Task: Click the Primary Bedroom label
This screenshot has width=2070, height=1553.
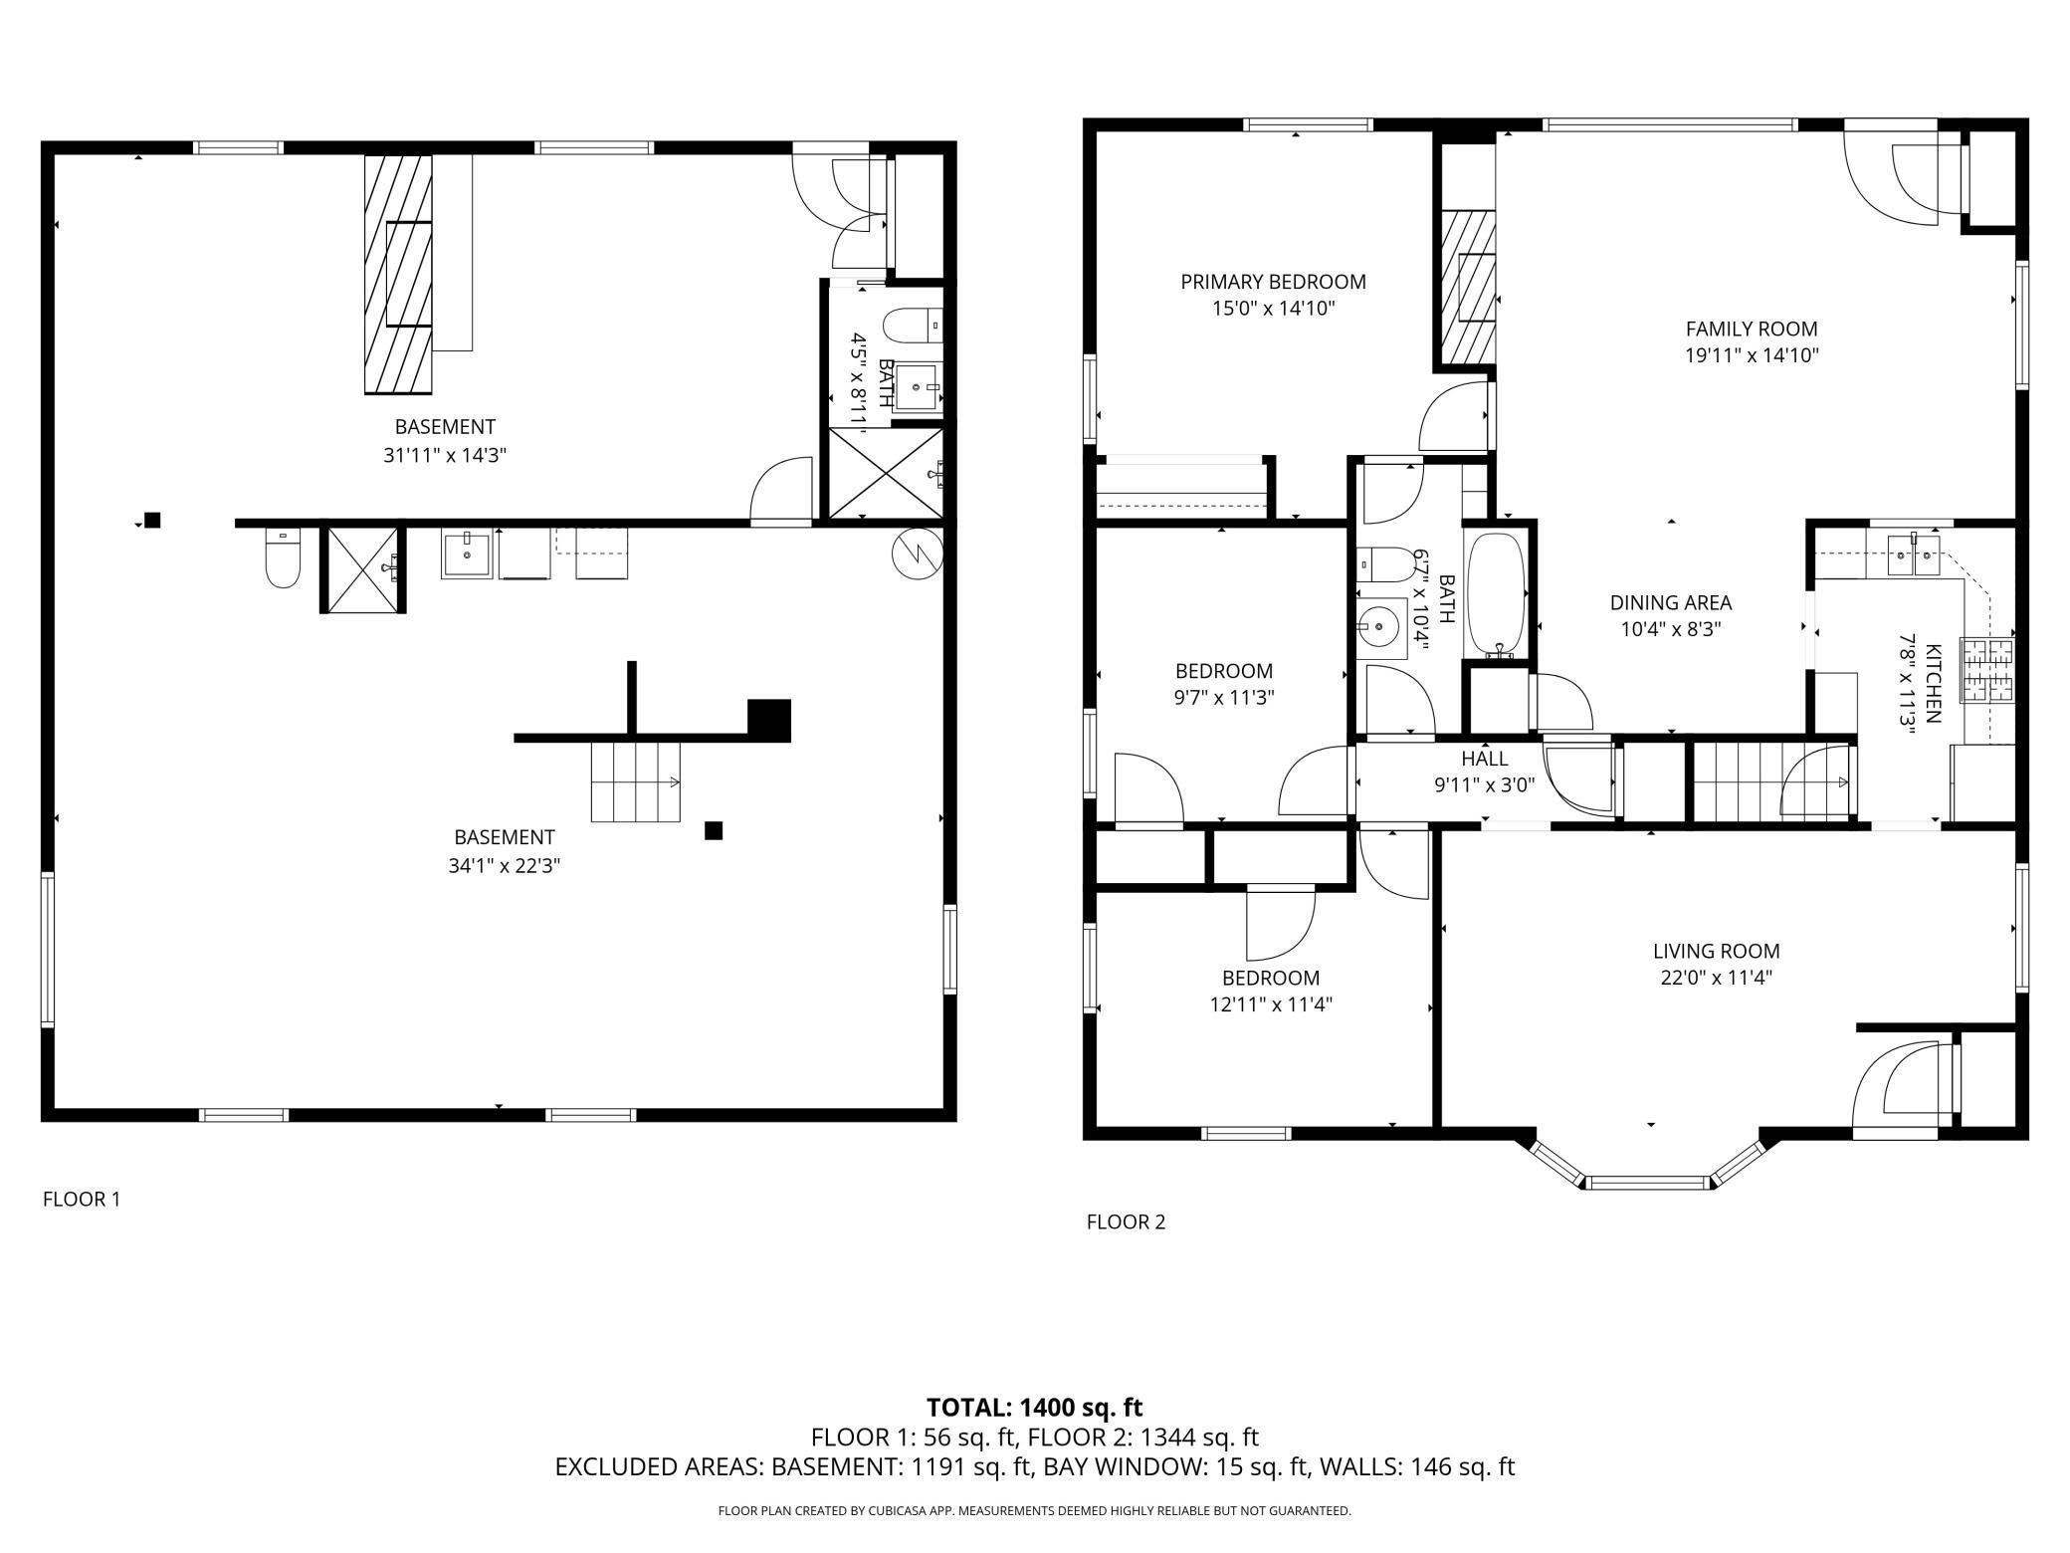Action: point(1273,282)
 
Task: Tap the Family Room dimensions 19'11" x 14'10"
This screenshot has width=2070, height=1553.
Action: point(1752,355)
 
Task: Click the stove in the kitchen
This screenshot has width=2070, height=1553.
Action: point(1987,669)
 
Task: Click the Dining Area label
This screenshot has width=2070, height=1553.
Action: point(1671,602)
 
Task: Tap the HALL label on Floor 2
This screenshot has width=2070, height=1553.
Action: point(1484,759)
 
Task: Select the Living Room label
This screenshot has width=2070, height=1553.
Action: point(1716,951)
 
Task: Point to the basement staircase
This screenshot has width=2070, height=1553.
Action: point(636,781)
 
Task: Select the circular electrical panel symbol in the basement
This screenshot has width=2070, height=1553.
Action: point(917,554)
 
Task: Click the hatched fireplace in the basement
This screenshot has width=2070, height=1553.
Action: point(399,274)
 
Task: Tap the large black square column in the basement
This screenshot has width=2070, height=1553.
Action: point(769,721)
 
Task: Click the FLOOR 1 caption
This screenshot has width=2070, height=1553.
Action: point(82,1200)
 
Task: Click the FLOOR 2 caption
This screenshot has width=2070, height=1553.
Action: point(1126,1221)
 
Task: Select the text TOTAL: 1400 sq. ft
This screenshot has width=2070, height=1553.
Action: point(1034,1408)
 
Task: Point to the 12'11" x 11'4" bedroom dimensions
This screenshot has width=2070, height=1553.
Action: point(1271,1004)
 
